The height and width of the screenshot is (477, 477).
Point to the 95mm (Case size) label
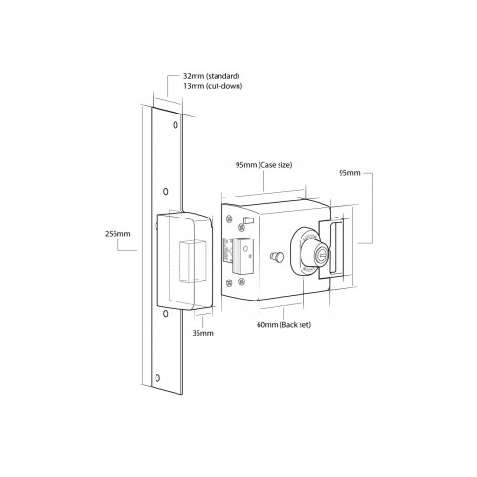point(263,165)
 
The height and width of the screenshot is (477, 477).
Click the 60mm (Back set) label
point(283,325)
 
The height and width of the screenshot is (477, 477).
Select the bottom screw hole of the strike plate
point(158,382)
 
